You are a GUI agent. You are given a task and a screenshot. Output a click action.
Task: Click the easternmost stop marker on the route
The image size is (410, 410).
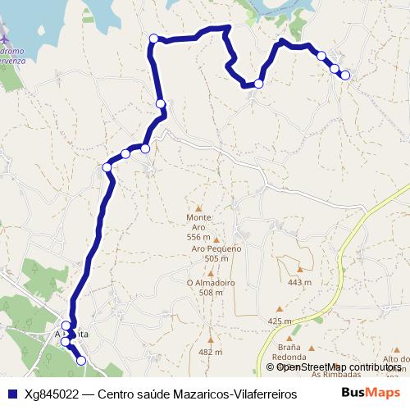point(345,75)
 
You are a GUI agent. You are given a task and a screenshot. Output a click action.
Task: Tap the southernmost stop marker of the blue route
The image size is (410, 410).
point(80,360)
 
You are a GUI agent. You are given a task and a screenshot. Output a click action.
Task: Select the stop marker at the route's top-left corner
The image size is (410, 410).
point(153,38)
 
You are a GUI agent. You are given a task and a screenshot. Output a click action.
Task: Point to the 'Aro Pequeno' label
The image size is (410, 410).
point(216,253)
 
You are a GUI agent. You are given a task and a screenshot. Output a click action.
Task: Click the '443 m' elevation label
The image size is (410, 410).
point(300,282)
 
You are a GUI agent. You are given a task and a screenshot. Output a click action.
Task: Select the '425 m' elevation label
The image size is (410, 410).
point(280,321)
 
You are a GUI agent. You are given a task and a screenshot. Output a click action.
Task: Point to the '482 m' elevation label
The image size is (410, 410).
point(210,352)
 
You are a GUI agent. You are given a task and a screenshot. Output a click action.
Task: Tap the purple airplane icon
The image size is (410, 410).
point(5,39)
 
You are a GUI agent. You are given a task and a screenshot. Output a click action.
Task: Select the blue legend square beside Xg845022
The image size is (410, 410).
point(11,394)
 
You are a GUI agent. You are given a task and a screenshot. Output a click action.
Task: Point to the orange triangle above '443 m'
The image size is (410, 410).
point(300,268)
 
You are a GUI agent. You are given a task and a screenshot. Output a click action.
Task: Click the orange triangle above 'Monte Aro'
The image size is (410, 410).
point(198,208)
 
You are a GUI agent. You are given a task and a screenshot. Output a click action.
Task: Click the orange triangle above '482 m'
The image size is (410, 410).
point(211,338)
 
